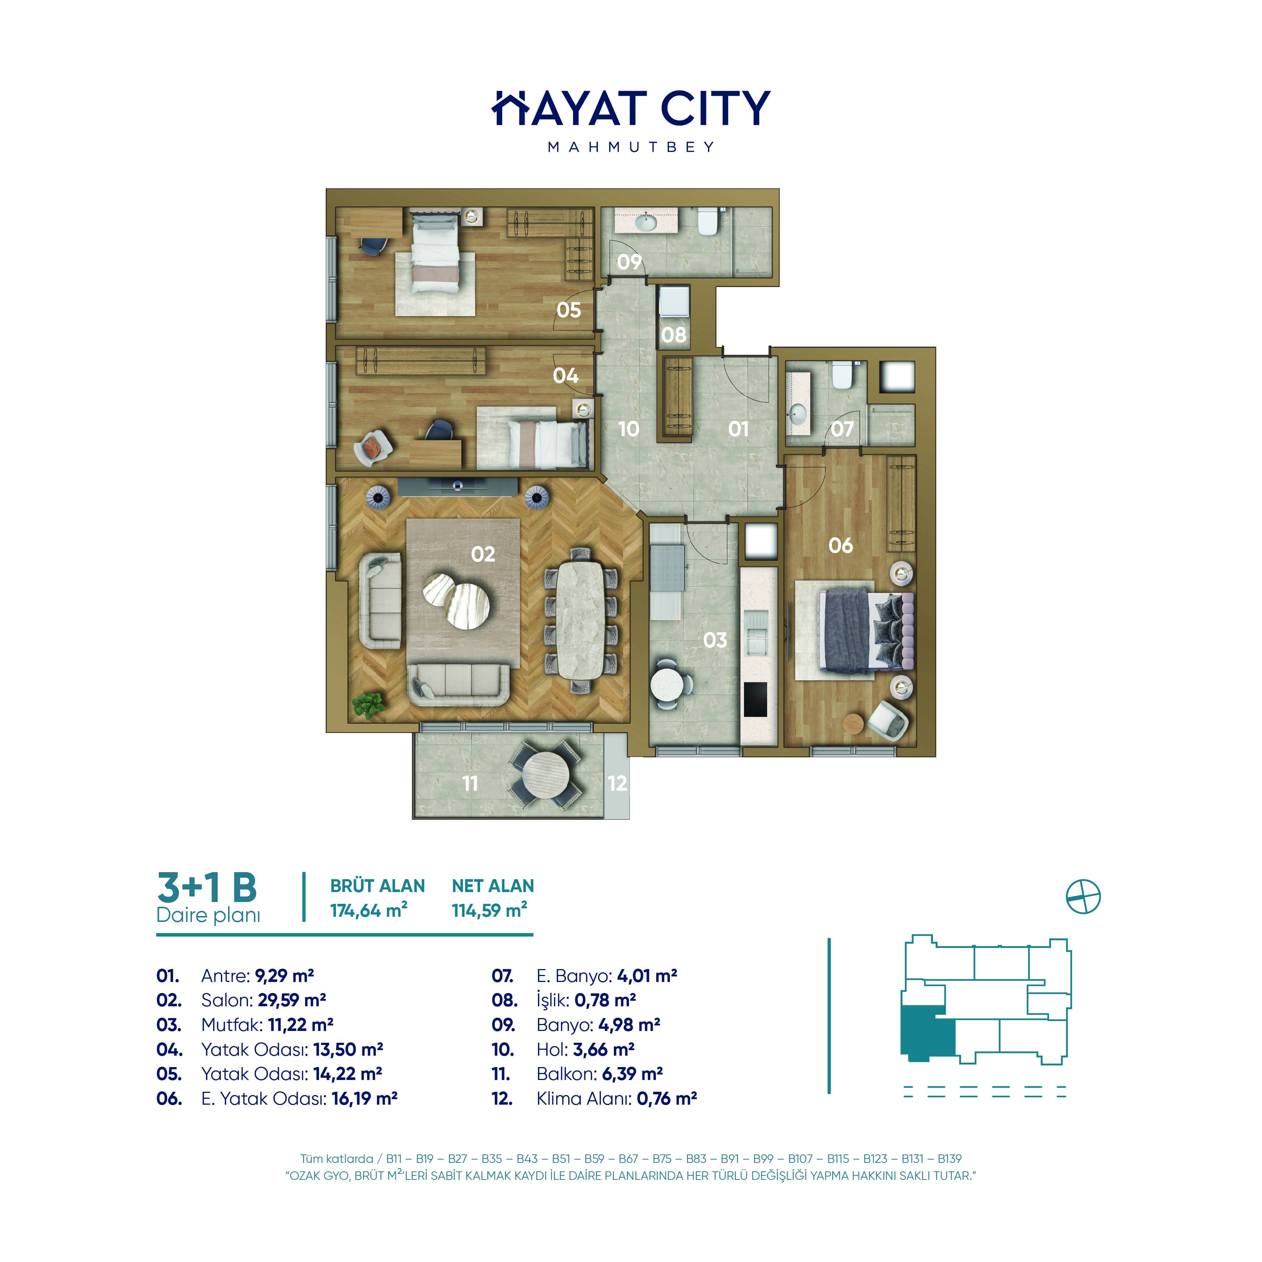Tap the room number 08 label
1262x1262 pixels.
(x=674, y=335)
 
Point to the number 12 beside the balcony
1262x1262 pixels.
(x=616, y=783)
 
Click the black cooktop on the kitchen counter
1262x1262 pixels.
(x=756, y=700)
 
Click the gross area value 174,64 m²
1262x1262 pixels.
(x=369, y=910)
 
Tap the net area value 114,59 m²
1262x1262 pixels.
(x=489, y=910)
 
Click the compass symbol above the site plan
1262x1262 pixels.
(x=1083, y=897)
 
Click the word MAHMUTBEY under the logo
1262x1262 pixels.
(x=631, y=147)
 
